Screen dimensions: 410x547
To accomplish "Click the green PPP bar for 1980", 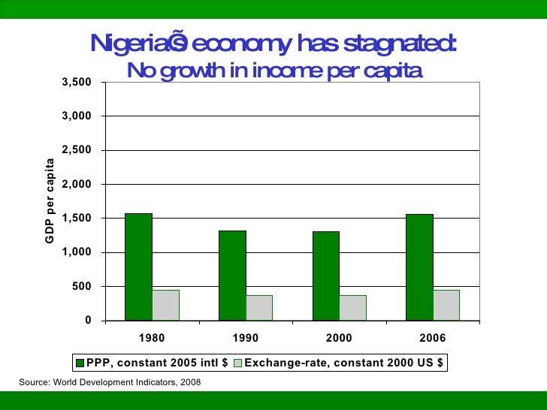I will point(138,267).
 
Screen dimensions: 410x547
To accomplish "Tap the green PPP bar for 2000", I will point(325,276).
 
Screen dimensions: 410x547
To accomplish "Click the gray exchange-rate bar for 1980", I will point(165,305).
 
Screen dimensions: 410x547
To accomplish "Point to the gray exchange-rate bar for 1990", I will point(259,307).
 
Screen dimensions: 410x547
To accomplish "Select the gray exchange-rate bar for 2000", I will point(352,307).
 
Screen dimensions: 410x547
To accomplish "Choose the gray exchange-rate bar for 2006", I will point(446,305).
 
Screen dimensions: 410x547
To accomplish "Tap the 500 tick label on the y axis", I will point(83,286).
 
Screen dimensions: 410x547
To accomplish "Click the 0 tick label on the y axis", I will point(89,321).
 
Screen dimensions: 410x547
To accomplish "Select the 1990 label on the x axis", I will point(246,339).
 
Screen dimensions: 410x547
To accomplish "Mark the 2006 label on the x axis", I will point(433,339).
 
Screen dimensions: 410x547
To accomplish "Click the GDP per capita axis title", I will point(50,201).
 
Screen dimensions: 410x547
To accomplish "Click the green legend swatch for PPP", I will point(80,363).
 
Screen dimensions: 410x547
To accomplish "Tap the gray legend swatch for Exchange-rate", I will point(238,363).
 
